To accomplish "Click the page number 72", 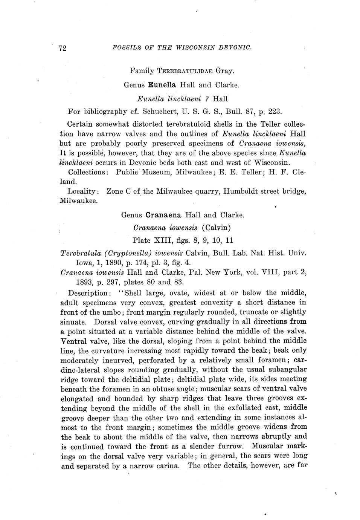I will tap(63, 48).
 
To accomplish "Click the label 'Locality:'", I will tap(83, 191).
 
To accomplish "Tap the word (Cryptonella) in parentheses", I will tap(127, 252).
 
